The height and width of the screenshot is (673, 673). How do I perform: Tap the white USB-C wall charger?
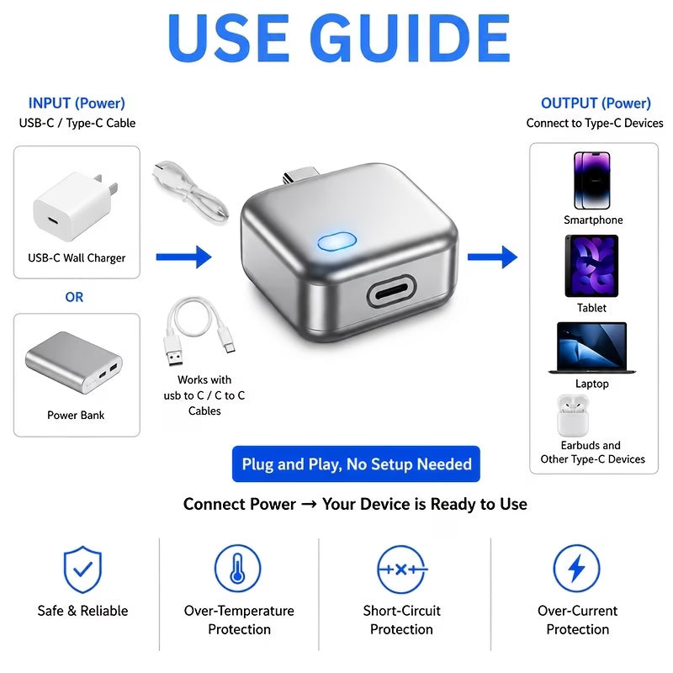coord(75,205)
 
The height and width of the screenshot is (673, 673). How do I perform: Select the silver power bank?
coord(74,363)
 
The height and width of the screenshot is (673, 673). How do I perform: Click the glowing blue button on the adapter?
coord(337,241)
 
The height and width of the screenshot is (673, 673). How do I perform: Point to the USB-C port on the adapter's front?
coord(391,291)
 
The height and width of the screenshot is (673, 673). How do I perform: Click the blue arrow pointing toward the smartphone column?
coord(492,257)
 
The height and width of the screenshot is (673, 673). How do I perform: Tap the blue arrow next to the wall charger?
coord(183,257)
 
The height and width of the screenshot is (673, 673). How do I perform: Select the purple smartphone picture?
coord(592,180)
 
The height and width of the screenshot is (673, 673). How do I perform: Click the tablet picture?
coord(591,266)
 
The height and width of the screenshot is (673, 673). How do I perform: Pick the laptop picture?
coord(592,347)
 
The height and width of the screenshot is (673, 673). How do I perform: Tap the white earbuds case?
coord(573,416)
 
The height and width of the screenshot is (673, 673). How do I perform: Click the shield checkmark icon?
coord(82,570)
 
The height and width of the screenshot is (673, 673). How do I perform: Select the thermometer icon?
coord(237,569)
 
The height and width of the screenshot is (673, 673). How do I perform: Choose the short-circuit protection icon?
coord(402,570)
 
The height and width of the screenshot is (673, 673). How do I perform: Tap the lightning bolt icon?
coord(576,569)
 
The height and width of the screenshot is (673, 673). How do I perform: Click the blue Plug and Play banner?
coord(356,464)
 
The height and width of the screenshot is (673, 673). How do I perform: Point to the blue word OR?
coord(74,297)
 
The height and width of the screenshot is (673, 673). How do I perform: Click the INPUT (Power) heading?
coord(77,103)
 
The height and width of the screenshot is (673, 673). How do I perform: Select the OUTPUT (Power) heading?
coord(596,103)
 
